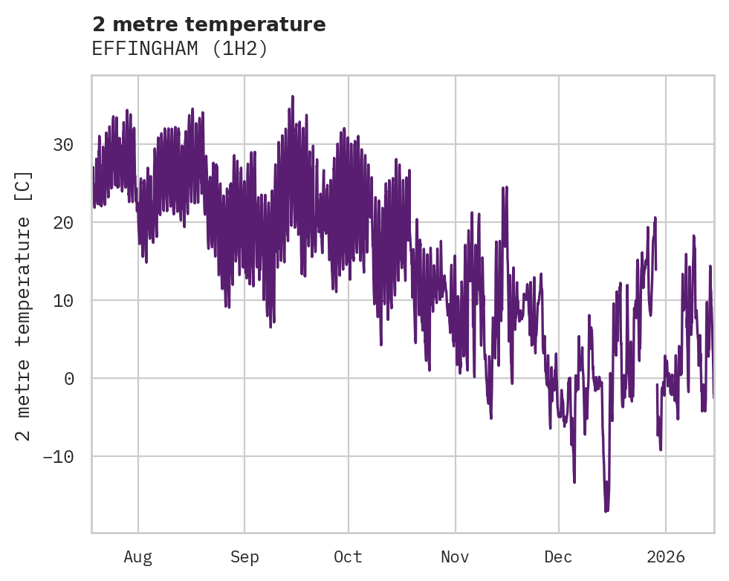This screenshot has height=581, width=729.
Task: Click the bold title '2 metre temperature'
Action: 209,25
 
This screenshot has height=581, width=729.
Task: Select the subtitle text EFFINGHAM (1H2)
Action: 179,49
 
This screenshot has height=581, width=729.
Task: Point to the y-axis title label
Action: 24,305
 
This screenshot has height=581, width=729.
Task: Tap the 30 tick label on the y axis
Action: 63,145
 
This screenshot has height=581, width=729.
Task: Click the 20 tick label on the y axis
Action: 63,223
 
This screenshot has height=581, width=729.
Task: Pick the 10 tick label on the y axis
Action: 63,301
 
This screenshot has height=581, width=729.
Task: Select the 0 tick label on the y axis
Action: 70,379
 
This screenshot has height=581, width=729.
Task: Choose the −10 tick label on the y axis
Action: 58,456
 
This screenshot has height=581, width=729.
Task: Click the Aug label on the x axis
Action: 137,557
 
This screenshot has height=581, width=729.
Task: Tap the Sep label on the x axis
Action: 244,557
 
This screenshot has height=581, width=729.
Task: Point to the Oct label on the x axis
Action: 348,557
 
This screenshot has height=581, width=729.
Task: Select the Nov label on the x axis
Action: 455,557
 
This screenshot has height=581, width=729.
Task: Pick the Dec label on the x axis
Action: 558,557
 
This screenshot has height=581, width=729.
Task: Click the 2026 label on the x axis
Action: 665,557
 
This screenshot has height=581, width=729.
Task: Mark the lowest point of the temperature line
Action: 606,511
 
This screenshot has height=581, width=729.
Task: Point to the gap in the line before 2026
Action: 656,327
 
